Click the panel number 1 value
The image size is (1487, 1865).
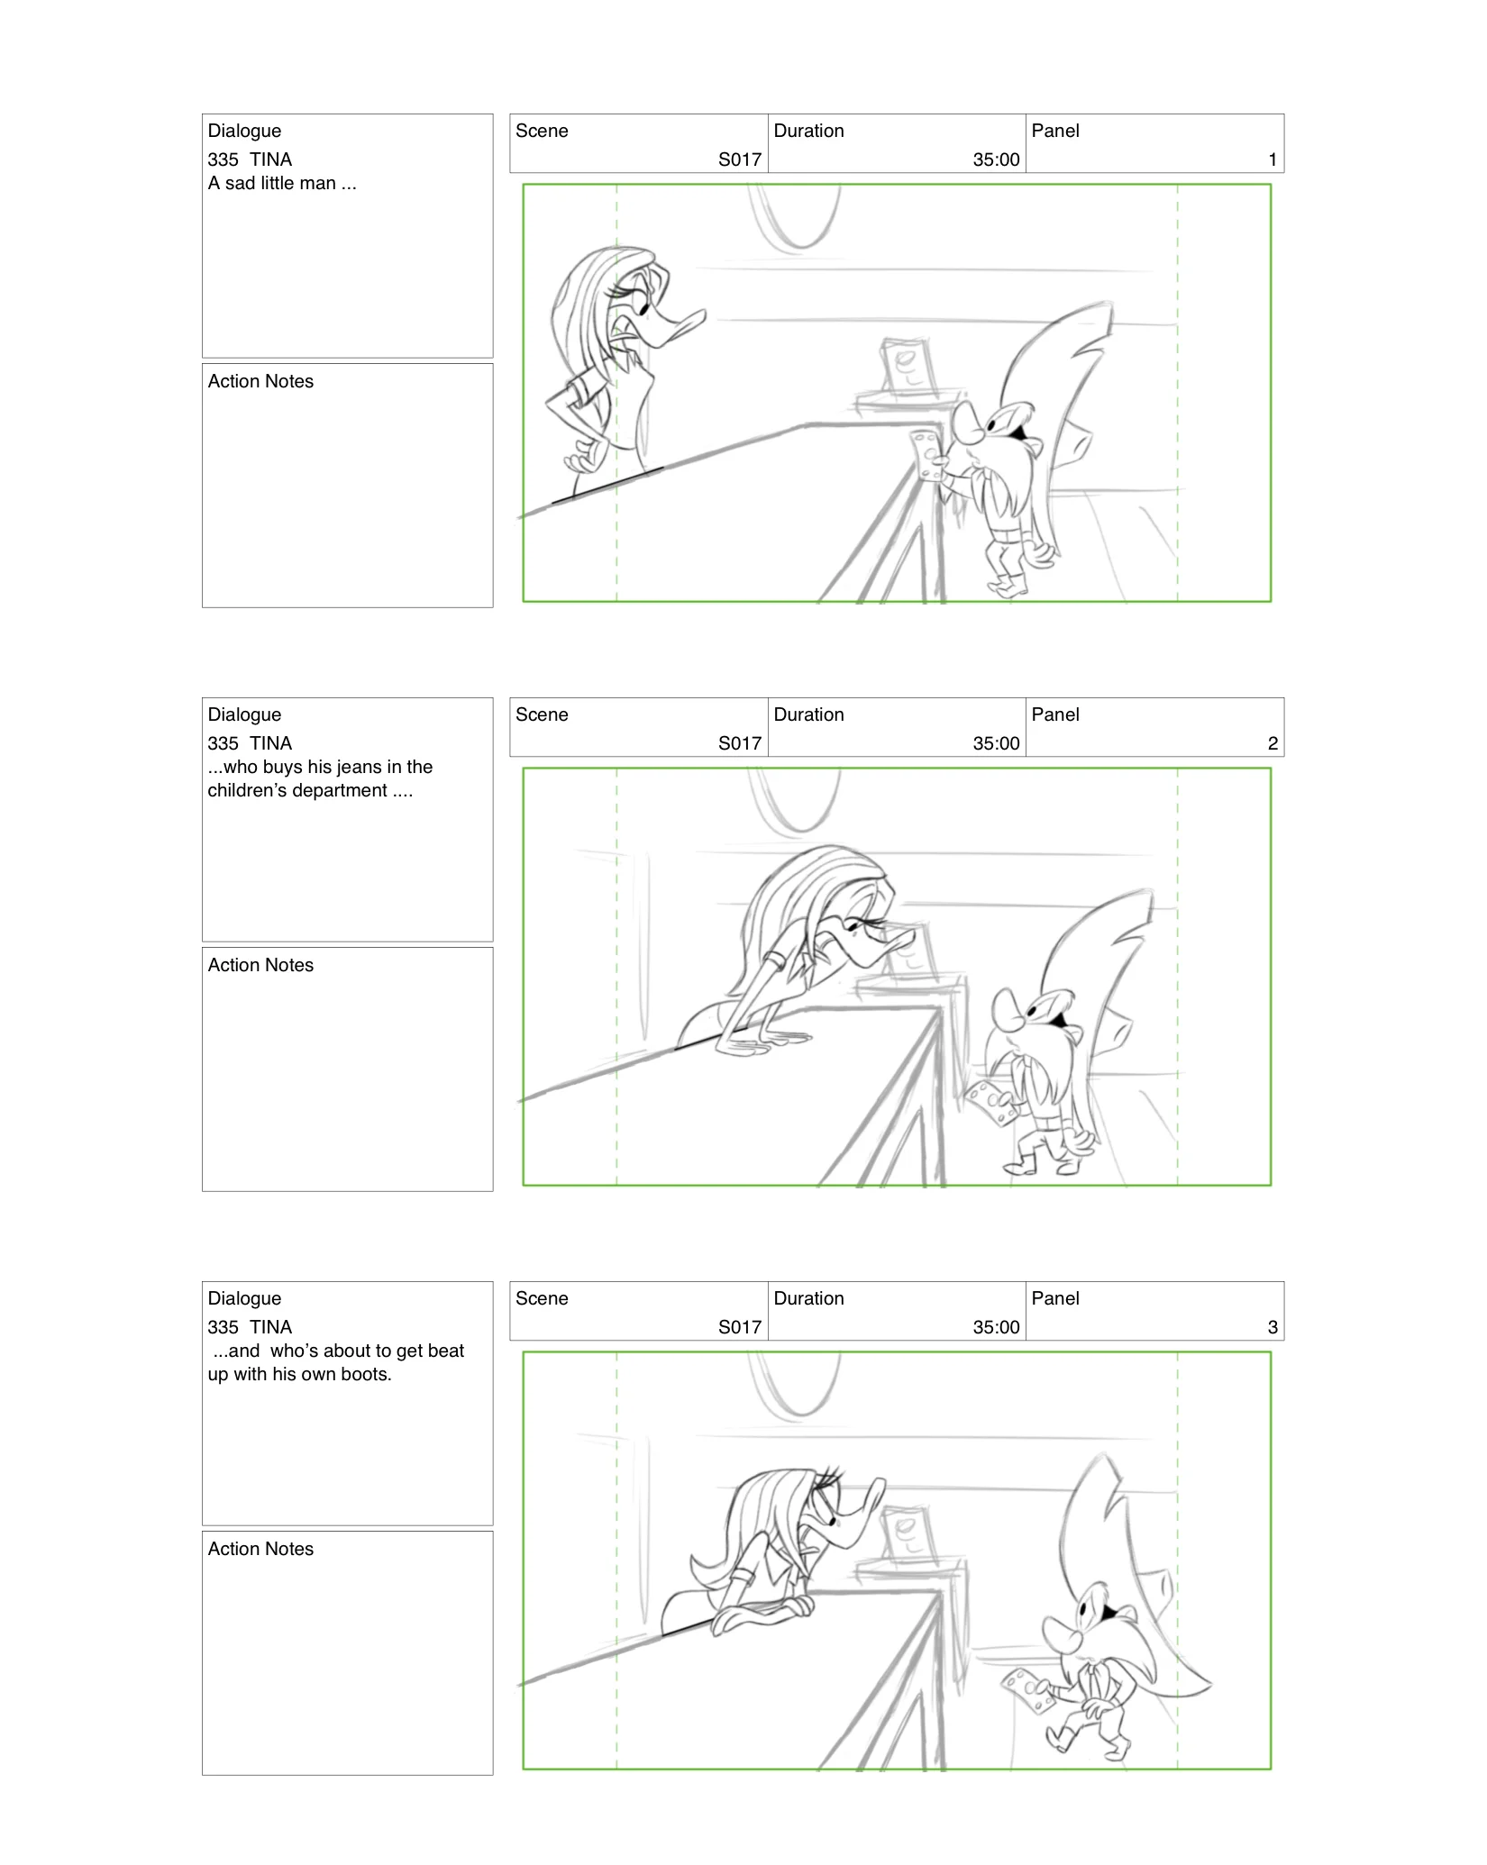(1272, 159)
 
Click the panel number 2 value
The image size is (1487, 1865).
(1272, 743)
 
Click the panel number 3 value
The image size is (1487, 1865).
(1272, 1327)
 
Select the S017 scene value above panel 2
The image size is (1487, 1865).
(739, 743)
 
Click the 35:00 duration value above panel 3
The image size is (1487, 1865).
(995, 1327)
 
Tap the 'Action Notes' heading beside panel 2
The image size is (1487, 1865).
(260, 965)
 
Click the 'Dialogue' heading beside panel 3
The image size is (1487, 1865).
(244, 1298)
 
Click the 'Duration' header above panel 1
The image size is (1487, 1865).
(808, 131)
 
